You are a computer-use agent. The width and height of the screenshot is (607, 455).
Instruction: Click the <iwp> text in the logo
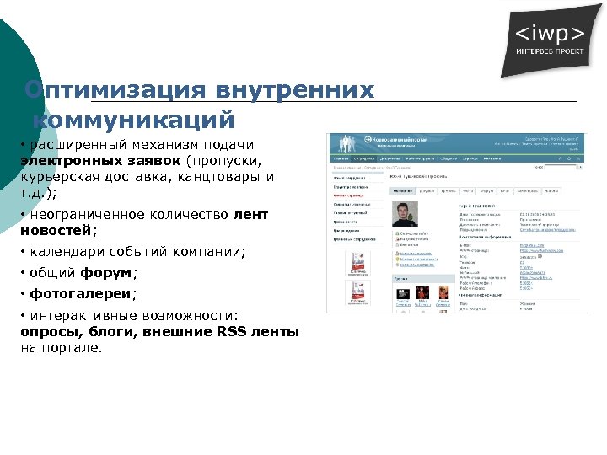548,35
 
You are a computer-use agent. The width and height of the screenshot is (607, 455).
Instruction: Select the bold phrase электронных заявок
101,160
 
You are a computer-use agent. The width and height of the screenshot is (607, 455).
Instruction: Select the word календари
67,251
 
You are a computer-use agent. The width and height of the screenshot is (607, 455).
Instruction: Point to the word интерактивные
89,316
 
